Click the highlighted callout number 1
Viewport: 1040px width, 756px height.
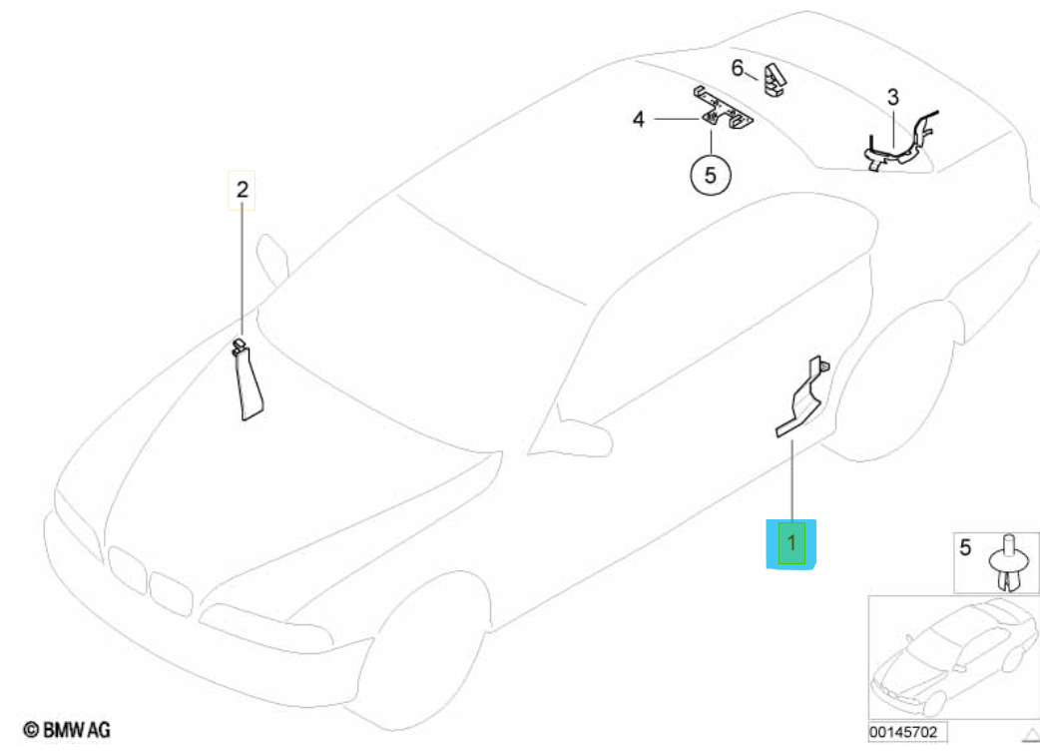791,543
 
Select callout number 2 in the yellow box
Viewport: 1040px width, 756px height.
243,190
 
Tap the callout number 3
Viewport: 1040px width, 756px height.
892,98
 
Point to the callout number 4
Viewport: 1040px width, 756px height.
638,120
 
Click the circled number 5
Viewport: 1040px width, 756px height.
711,175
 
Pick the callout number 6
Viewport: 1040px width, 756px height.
738,68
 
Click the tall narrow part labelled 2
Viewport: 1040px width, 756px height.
249,379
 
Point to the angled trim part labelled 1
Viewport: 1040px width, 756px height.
802,396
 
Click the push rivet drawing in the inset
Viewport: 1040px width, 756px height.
1008,563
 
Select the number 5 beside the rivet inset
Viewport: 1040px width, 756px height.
965,547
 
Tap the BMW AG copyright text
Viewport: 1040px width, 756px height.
66,730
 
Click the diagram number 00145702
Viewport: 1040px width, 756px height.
903,732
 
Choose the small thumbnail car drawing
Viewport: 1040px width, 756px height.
954,656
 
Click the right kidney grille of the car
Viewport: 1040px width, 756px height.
171,593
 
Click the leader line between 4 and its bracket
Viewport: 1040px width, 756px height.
677,119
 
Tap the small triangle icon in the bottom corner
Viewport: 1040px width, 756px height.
1031,735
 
